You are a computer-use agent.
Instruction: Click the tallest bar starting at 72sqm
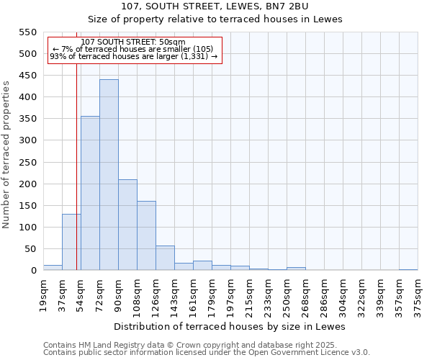click(109, 175)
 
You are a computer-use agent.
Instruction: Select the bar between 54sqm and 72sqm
click(90, 193)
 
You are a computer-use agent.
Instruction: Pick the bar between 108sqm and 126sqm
click(146, 235)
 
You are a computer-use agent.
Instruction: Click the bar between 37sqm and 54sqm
click(71, 242)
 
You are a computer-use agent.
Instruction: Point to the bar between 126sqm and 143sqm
click(165, 258)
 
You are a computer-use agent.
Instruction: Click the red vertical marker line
click(76, 158)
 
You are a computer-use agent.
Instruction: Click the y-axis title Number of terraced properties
click(6, 155)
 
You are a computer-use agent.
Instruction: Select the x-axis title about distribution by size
click(230, 326)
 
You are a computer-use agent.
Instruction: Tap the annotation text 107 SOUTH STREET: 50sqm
click(133, 42)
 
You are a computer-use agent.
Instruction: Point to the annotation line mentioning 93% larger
click(133, 57)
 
